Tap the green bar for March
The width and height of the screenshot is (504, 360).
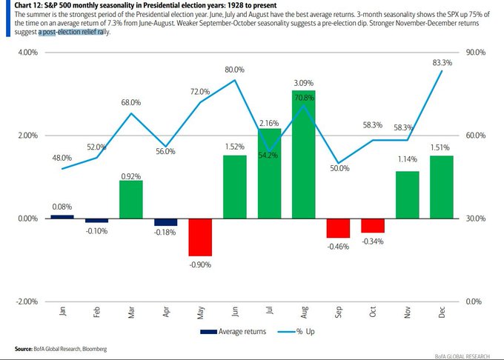pos(130,199)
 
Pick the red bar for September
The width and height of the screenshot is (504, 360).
pos(339,228)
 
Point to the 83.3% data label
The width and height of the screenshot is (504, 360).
pos(442,63)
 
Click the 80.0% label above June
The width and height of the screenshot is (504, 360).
pos(235,70)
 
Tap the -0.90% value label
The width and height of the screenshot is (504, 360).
pos(200,264)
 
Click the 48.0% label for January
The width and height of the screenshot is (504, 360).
pos(62,158)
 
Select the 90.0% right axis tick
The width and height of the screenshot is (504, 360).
pos(476,53)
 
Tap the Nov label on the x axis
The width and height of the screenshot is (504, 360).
pos(408,312)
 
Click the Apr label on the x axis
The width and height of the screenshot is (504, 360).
pos(166,312)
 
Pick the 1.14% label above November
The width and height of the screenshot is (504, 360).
pos(408,159)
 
